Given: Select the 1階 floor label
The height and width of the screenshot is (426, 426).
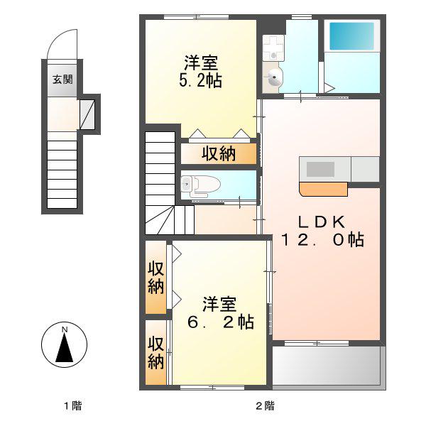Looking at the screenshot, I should pos(72,406).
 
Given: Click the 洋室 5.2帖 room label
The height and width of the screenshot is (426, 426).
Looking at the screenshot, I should pos(200,71).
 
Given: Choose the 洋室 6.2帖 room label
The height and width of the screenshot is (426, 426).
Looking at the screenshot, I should pos(219,313).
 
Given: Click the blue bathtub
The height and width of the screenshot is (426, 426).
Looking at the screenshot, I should pos(351,35).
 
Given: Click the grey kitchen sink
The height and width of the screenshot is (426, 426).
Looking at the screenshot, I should pos(320,169).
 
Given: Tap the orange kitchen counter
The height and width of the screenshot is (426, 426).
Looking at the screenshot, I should pos(324,188).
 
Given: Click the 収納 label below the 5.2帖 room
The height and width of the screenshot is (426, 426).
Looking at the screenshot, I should pos(218,153).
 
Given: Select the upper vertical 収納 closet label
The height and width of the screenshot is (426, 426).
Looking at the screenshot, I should pos(156,278).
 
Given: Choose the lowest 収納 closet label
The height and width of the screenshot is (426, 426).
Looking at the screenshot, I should pos(156,353).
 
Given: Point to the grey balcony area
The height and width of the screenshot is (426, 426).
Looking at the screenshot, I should pos(328,366).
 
